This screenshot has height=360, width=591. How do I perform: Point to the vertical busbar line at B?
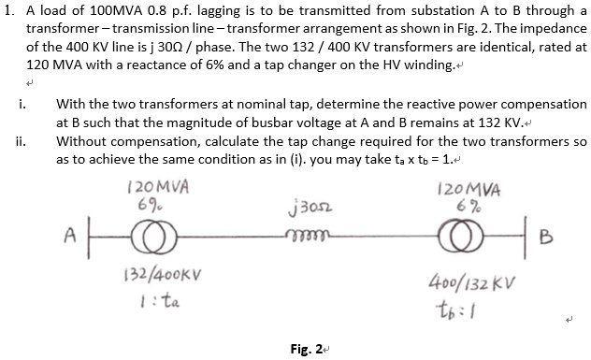click(535, 231)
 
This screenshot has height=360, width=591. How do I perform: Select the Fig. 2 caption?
click(305, 348)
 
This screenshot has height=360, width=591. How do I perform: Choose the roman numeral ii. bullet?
click(20, 142)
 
